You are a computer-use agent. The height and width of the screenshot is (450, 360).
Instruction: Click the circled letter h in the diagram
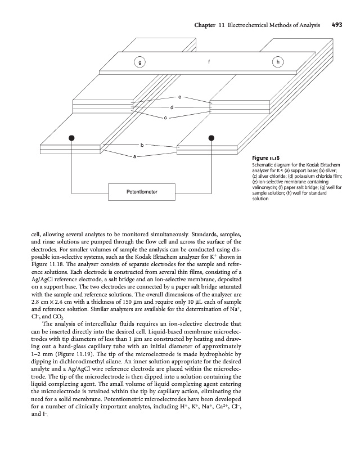[276, 62]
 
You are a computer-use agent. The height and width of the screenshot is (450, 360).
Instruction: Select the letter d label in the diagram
[172, 107]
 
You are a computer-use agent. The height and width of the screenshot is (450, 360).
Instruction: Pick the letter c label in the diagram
[165, 118]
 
